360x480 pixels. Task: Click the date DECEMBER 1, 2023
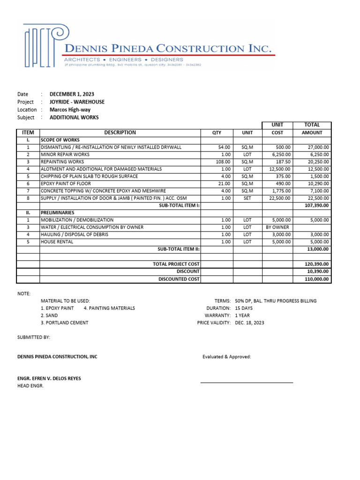tap(72, 94)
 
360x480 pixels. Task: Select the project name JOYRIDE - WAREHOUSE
tap(77, 102)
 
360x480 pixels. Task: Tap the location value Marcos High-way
tap(70, 110)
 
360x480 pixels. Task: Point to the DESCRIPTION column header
tap(120, 133)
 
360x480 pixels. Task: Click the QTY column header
tap(217, 133)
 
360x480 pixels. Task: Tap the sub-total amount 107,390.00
tap(317, 205)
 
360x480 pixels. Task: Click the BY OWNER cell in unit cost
tap(277, 227)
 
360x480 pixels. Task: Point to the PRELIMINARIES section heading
tap(58, 212)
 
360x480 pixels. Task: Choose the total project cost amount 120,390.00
tap(317, 264)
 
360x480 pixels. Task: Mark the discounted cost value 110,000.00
tap(317, 279)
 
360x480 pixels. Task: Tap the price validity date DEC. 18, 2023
tap(249, 323)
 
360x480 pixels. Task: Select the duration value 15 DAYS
tap(243, 308)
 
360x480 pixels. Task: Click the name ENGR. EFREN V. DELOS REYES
tap(52, 378)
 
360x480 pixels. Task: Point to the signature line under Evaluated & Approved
tap(247, 382)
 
